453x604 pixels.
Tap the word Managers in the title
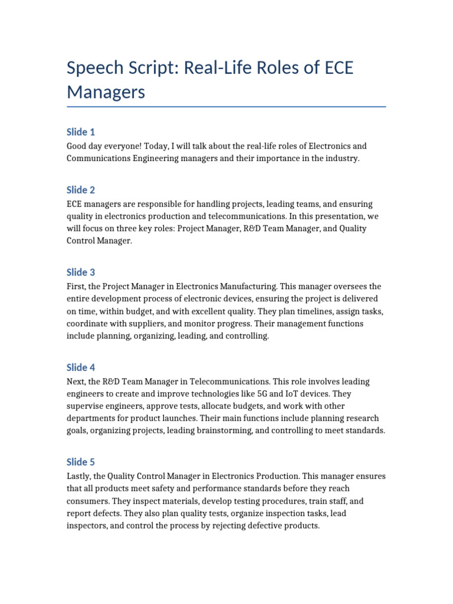coord(106,92)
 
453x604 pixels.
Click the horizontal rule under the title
coord(226,107)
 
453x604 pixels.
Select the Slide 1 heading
coord(81,132)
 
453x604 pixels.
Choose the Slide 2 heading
coord(81,190)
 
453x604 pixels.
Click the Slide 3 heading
coord(81,272)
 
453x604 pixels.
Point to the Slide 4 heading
coord(81,367)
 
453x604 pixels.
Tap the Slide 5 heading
coord(81,462)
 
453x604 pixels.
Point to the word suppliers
coord(139,324)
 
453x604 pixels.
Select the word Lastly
coord(80,476)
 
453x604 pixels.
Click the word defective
coord(261,525)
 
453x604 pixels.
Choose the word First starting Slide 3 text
coord(77,286)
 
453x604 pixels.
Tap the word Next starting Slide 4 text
coord(77,381)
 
